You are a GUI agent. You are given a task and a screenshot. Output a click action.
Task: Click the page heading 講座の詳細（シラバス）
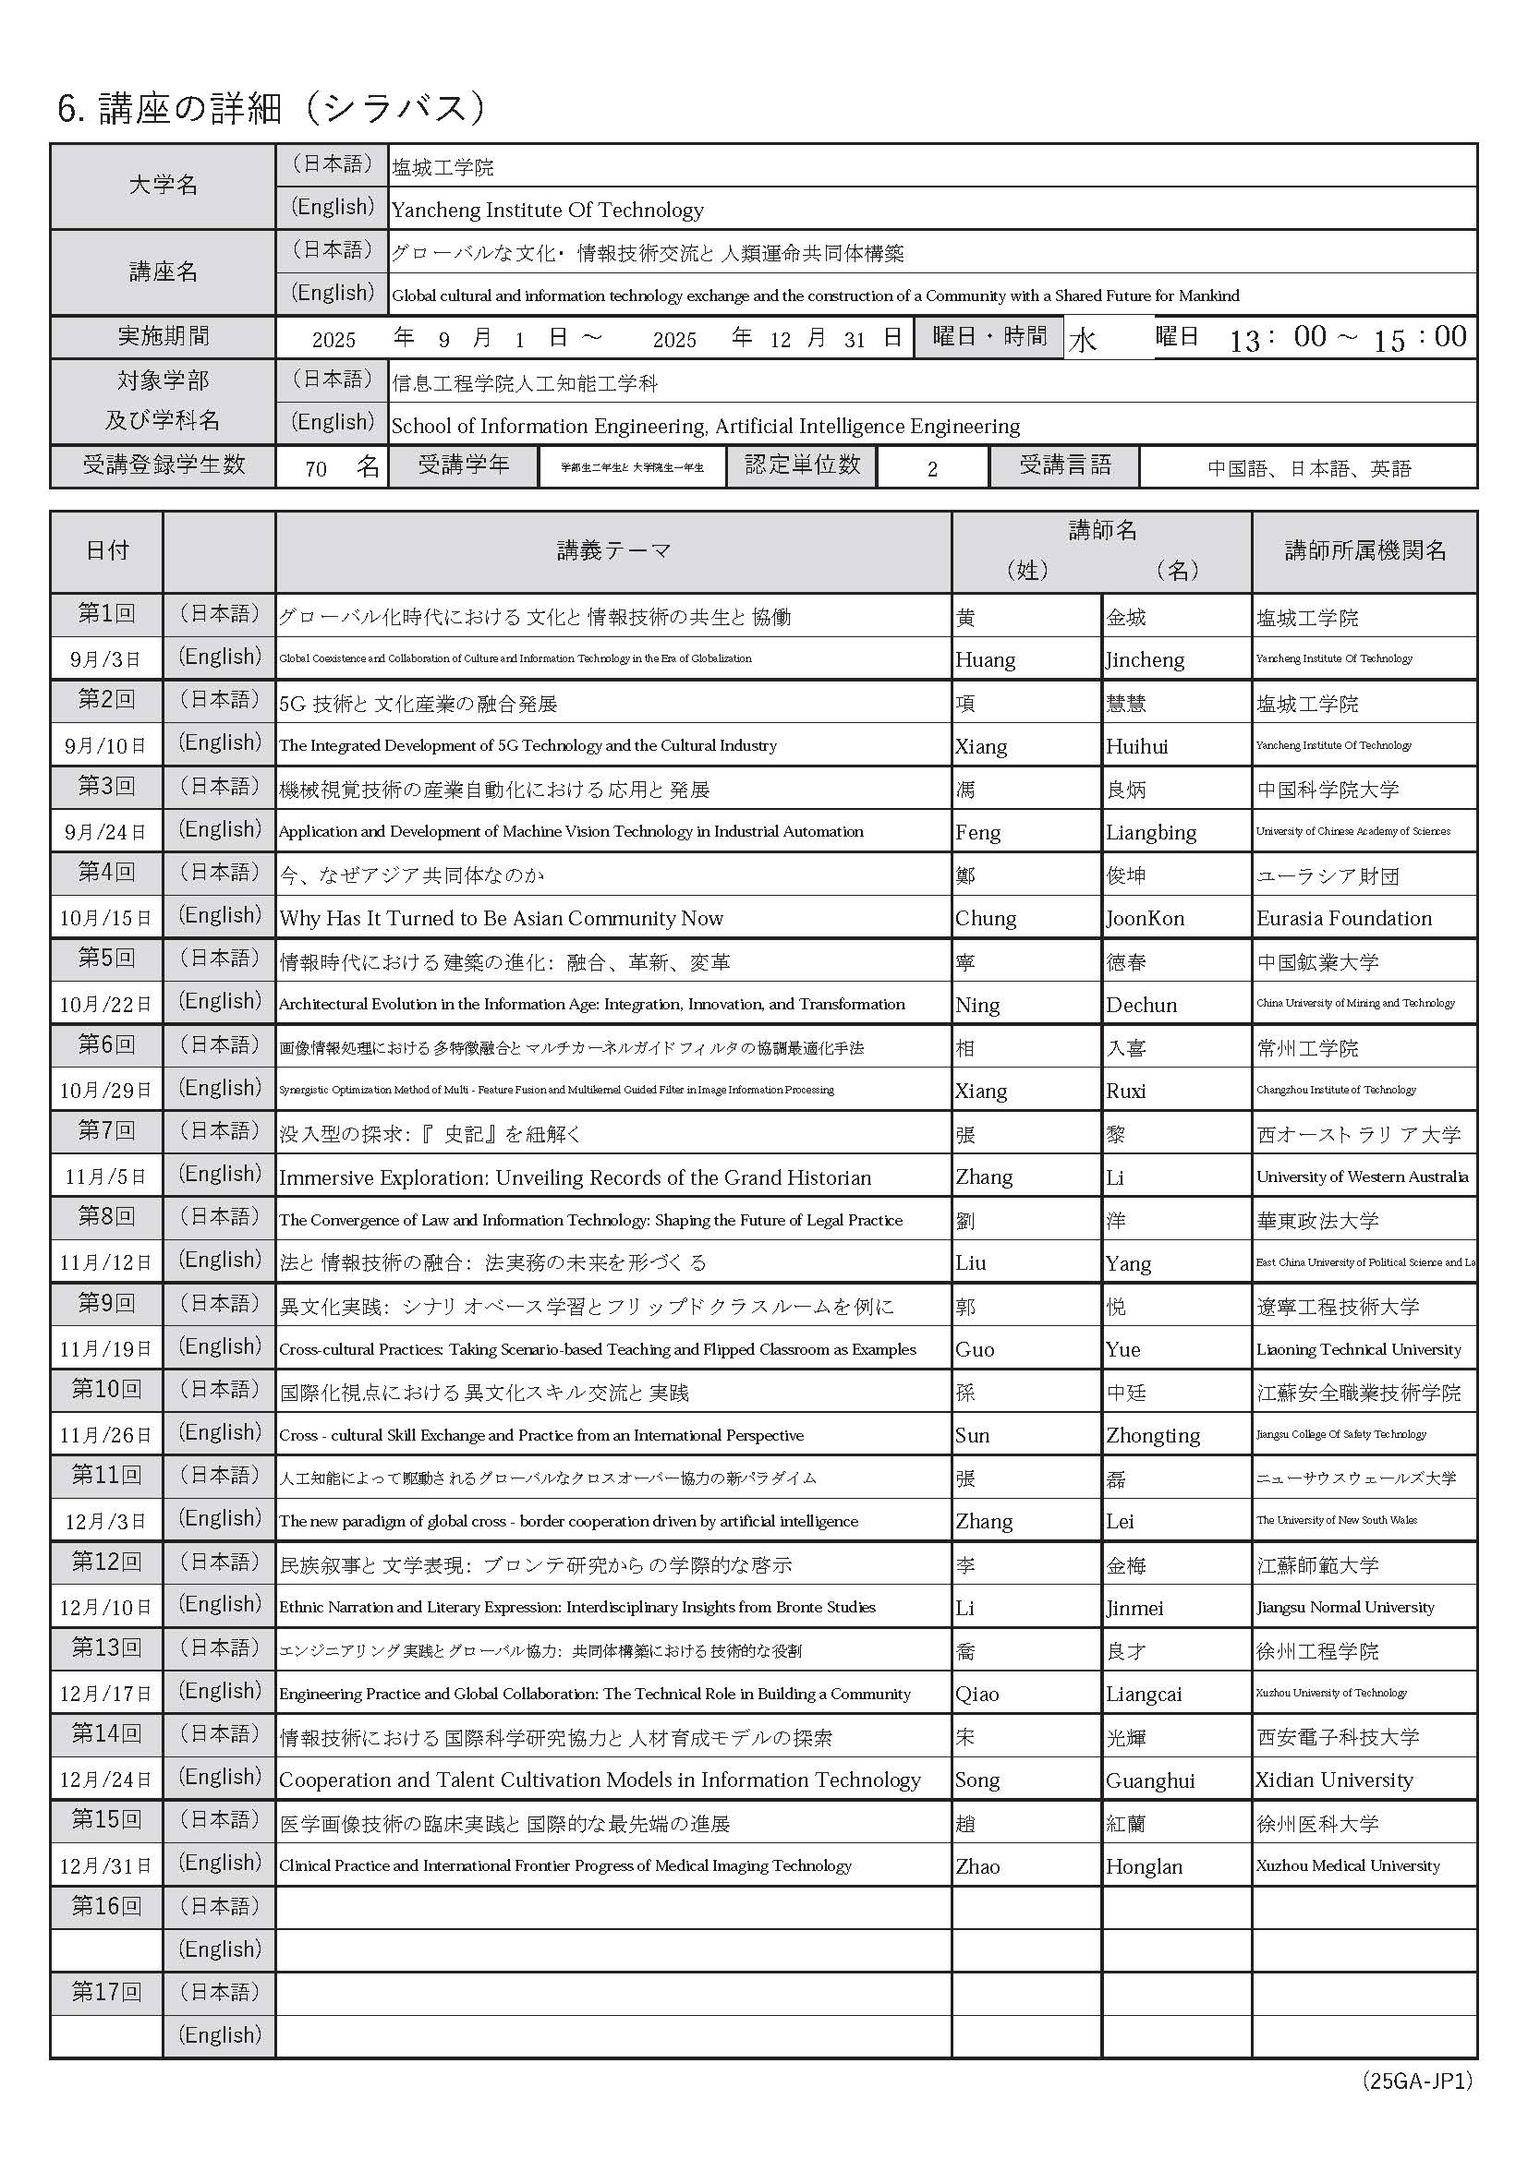tap(272, 109)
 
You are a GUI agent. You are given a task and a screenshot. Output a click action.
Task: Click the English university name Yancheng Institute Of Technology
tap(548, 210)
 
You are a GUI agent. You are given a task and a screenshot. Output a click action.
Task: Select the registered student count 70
tap(316, 468)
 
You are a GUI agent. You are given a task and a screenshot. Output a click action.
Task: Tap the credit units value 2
tap(931, 468)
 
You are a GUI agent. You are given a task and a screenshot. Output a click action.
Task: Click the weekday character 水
tap(1082, 340)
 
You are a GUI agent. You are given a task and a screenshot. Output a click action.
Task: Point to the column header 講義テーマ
tap(613, 551)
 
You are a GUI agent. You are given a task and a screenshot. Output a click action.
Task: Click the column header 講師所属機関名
tap(1364, 551)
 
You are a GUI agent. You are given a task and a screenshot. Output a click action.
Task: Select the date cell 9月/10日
tap(105, 746)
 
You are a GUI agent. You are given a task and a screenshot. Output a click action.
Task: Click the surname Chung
tap(985, 918)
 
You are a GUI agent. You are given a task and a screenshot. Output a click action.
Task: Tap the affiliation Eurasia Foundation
tap(1343, 918)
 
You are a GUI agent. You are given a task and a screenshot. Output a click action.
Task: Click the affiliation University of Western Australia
tap(1362, 1177)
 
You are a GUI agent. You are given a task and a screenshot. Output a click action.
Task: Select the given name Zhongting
tap(1153, 1436)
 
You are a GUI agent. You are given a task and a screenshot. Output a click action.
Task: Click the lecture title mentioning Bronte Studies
tap(576, 1608)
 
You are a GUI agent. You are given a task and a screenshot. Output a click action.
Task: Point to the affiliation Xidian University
tap(1333, 1780)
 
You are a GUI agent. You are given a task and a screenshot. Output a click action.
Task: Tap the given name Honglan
tap(1143, 1866)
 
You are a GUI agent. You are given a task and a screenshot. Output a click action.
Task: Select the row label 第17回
tap(105, 1992)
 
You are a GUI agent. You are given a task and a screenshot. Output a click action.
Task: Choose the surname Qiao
tap(976, 1695)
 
